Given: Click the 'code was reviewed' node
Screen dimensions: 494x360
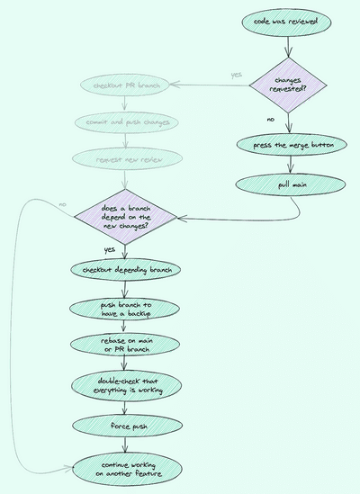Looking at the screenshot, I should (x=289, y=20).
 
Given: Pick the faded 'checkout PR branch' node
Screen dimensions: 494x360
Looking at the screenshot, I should (x=126, y=85).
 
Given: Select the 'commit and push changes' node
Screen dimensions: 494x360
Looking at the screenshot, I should (x=126, y=121).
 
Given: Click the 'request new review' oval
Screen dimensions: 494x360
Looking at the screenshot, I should (x=126, y=158).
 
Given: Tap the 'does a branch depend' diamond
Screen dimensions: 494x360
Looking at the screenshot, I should (x=126, y=218).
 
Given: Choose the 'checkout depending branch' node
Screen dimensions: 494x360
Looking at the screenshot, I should (x=126, y=269).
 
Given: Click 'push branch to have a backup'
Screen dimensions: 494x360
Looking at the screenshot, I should (x=126, y=309).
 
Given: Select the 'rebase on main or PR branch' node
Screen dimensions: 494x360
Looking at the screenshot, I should (x=126, y=345).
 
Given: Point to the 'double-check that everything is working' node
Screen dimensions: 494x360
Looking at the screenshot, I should (x=126, y=384).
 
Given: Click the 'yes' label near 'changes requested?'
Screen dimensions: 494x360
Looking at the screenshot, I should (x=236, y=74).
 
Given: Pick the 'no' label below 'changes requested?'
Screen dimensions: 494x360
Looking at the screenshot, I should (x=270, y=119).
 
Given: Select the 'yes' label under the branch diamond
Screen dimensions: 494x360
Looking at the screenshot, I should (x=110, y=249).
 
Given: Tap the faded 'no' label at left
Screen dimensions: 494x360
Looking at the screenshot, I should (x=62, y=205).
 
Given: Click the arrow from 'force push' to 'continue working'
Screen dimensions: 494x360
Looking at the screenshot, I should (x=126, y=443).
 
